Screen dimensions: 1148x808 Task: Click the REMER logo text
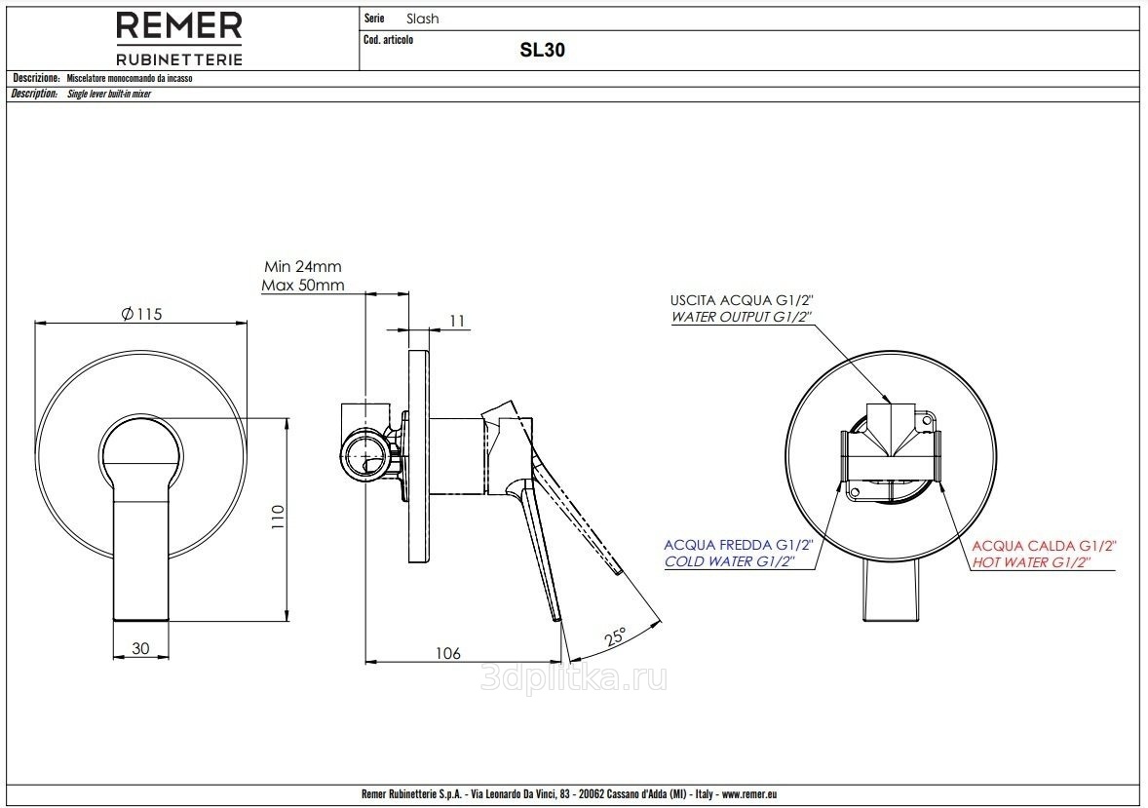click(x=178, y=26)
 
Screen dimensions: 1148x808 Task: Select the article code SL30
click(x=543, y=50)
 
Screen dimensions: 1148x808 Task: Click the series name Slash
click(x=422, y=19)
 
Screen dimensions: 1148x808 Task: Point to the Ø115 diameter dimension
click(x=141, y=314)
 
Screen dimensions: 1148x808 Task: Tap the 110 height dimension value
click(x=277, y=519)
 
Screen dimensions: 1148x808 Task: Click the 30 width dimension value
click(x=140, y=647)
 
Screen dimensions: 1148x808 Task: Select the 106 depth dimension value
click(x=447, y=653)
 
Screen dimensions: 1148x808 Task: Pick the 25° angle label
click(x=616, y=635)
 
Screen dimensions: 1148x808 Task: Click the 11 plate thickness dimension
click(x=458, y=321)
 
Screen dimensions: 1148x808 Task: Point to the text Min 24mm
click(x=303, y=267)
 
